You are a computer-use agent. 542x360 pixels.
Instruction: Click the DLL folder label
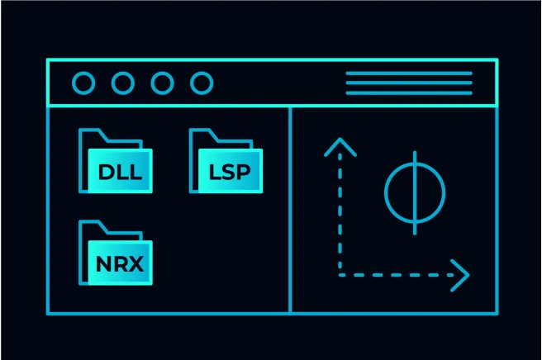tap(121, 173)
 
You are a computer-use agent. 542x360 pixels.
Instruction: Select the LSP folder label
tap(231, 173)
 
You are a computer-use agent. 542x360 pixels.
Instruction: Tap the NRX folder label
tap(121, 265)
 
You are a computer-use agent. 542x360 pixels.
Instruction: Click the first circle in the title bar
tap(83, 83)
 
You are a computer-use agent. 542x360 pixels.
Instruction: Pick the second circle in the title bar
tap(123, 83)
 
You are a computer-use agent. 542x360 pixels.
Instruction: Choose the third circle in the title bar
tap(163, 83)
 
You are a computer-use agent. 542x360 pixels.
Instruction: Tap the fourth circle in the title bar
tap(202, 83)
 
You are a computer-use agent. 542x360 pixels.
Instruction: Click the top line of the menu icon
tap(408, 73)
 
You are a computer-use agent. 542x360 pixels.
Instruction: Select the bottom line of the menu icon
tap(408, 92)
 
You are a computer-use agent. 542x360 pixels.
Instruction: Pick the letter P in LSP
tap(249, 173)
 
